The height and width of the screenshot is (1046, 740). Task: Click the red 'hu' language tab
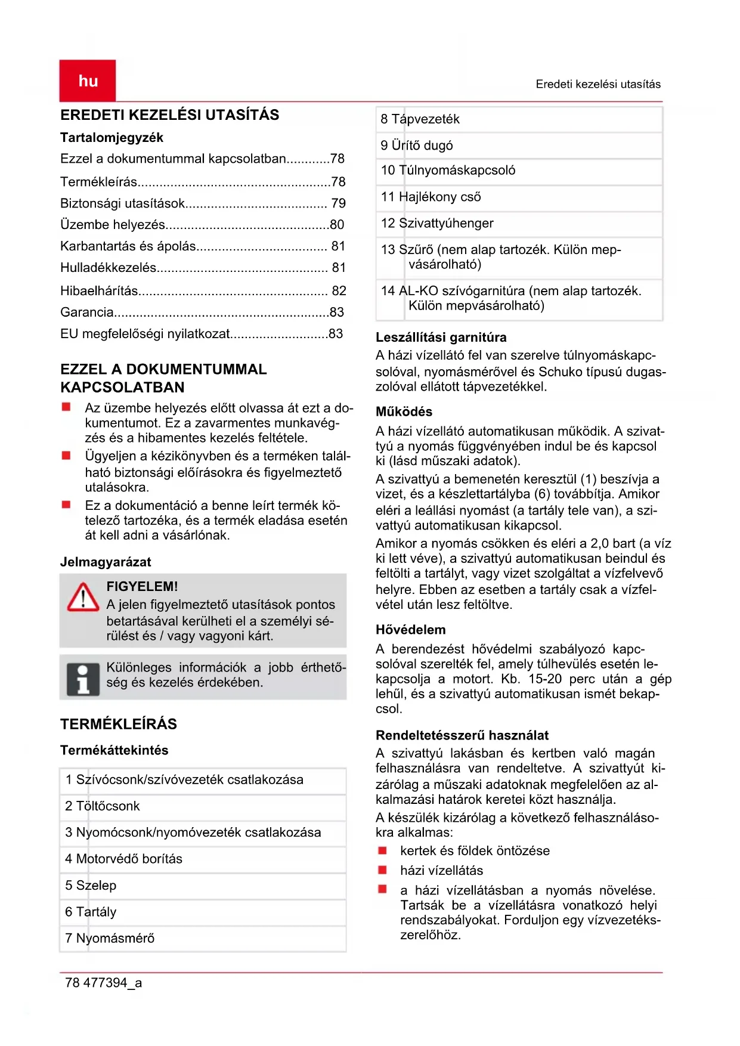[88, 81]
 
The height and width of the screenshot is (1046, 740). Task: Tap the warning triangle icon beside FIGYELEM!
[83, 598]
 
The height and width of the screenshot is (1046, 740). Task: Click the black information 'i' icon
[83, 679]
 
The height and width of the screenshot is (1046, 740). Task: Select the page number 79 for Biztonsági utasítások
[338, 203]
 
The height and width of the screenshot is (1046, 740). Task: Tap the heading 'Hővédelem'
[410, 630]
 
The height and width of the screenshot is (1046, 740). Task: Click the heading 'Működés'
[404, 411]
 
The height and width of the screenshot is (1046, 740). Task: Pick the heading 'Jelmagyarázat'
[106, 562]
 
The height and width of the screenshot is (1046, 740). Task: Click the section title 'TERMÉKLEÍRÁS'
[119, 724]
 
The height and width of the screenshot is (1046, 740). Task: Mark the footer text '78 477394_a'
[103, 983]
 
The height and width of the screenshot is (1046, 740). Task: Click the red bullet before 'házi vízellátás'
[383, 870]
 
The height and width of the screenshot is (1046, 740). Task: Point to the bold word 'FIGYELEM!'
[142, 586]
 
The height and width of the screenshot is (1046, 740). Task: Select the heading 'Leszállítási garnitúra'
[441, 338]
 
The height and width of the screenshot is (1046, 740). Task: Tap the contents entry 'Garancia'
[87, 312]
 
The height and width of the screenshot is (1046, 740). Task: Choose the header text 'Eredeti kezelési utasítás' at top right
[597, 84]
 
